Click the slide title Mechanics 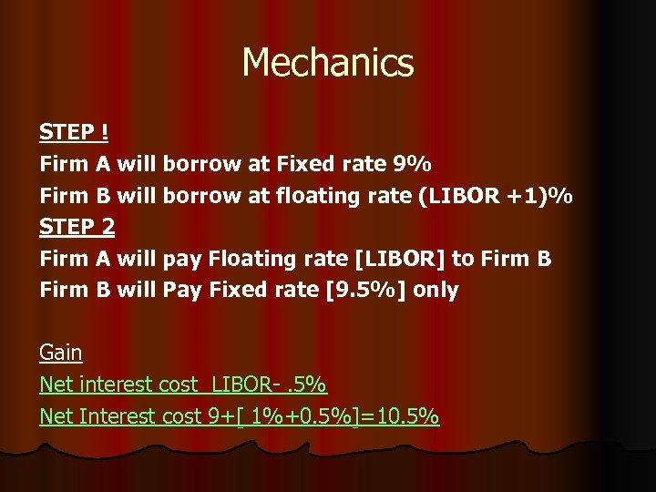[x=328, y=63]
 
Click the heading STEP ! [x=74, y=133]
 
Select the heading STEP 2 [x=77, y=227]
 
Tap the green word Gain [x=61, y=353]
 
